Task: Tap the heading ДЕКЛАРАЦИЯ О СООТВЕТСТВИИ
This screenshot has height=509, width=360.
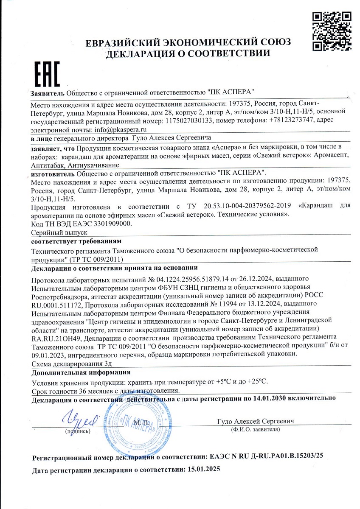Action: click(188, 53)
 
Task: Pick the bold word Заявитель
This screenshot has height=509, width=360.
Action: click(48, 92)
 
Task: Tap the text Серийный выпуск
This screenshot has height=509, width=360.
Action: click(59, 232)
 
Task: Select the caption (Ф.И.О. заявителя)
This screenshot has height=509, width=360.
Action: click(255, 430)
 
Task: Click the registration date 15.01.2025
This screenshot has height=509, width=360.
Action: click(203, 470)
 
